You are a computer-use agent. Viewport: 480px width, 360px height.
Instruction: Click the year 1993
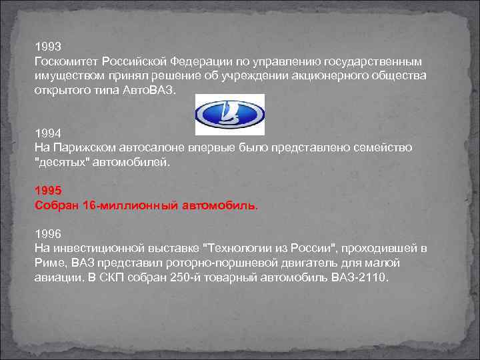tap(47, 47)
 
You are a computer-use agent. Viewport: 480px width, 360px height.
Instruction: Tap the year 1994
tap(47, 133)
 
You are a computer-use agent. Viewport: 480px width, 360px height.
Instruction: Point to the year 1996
tap(47, 233)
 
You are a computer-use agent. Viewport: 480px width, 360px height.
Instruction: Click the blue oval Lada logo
tap(229, 115)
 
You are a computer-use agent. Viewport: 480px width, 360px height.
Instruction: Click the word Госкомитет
tap(63, 61)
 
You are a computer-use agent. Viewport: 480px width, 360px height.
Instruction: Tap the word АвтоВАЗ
tap(150, 89)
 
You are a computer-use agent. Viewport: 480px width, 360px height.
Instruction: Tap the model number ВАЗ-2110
tap(360, 277)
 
